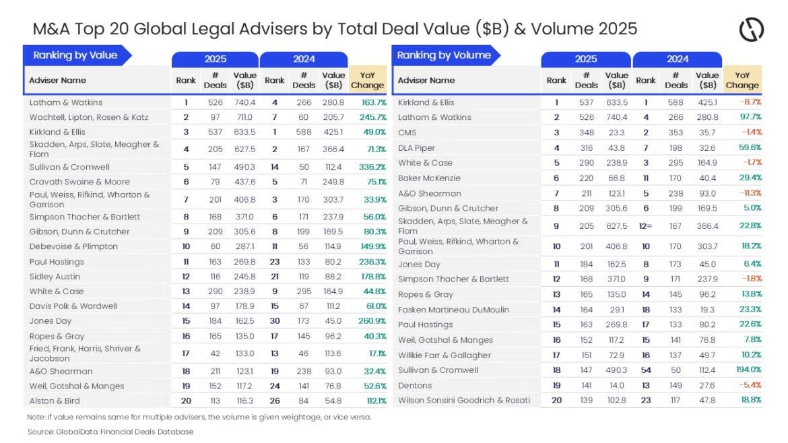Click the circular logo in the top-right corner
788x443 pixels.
(x=751, y=30)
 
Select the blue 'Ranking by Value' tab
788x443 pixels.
(x=75, y=55)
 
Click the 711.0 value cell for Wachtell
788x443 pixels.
(x=244, y=117)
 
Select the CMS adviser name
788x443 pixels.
(x=407, y=133)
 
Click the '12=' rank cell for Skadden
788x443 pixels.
(x=645, y=226)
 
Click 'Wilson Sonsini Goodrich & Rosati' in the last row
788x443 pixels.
(x=463, y=401)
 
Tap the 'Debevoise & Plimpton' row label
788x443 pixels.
(x=73, y=246)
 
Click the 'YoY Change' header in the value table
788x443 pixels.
(x=368, y=80)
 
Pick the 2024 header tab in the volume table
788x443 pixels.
(x=677, y=59)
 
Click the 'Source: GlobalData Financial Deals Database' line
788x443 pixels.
(x=110, y=432)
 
